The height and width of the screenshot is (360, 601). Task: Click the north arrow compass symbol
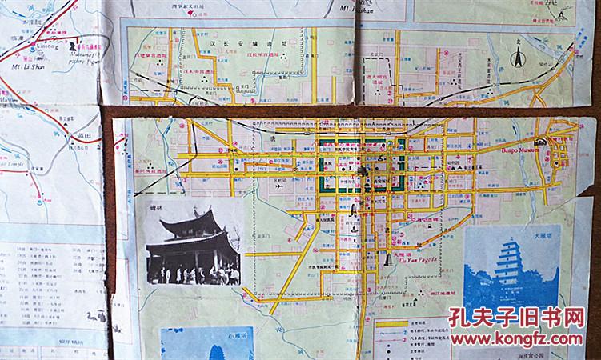tap(517, 58)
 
